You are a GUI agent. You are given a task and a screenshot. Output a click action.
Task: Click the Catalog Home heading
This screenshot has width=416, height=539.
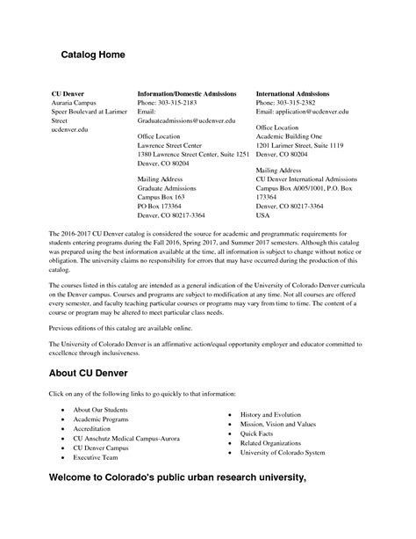pyautogui.click(x=92, y=55)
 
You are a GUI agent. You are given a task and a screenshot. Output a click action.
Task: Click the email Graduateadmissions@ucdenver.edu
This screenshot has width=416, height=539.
pyautogui.click(x=187, y=120)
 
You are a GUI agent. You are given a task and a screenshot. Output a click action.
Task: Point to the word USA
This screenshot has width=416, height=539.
pyautogui.click(x=262, y=215)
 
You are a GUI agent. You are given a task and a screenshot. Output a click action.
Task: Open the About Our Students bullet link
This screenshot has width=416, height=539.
pyautogui.click(x=101, y=412)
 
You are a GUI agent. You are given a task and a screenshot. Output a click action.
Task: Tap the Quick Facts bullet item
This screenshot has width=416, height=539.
pyautogui.click(x=257, y=432)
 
